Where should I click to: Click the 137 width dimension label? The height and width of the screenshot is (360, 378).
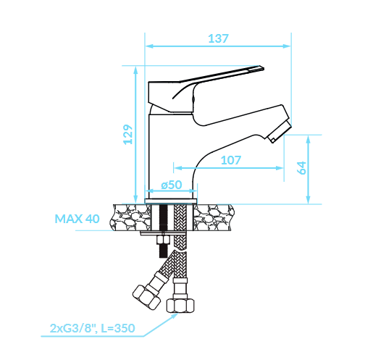click(218, 38)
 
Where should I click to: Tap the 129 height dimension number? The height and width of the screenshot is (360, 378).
click(128, 135)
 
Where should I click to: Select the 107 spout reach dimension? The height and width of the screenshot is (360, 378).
click(231, 160)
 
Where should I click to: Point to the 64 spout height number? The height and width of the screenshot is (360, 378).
click(301, 168)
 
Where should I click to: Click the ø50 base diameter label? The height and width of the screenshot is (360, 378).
click(172, 185)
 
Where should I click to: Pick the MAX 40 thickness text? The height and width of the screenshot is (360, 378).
click(77, 219)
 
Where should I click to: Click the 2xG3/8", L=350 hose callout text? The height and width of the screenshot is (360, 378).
click(92, 328)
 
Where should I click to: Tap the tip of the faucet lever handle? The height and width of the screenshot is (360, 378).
click(262, 68)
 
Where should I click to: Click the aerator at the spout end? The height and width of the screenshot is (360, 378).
click(279, 132)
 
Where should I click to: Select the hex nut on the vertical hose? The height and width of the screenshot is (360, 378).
click(180, 306)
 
